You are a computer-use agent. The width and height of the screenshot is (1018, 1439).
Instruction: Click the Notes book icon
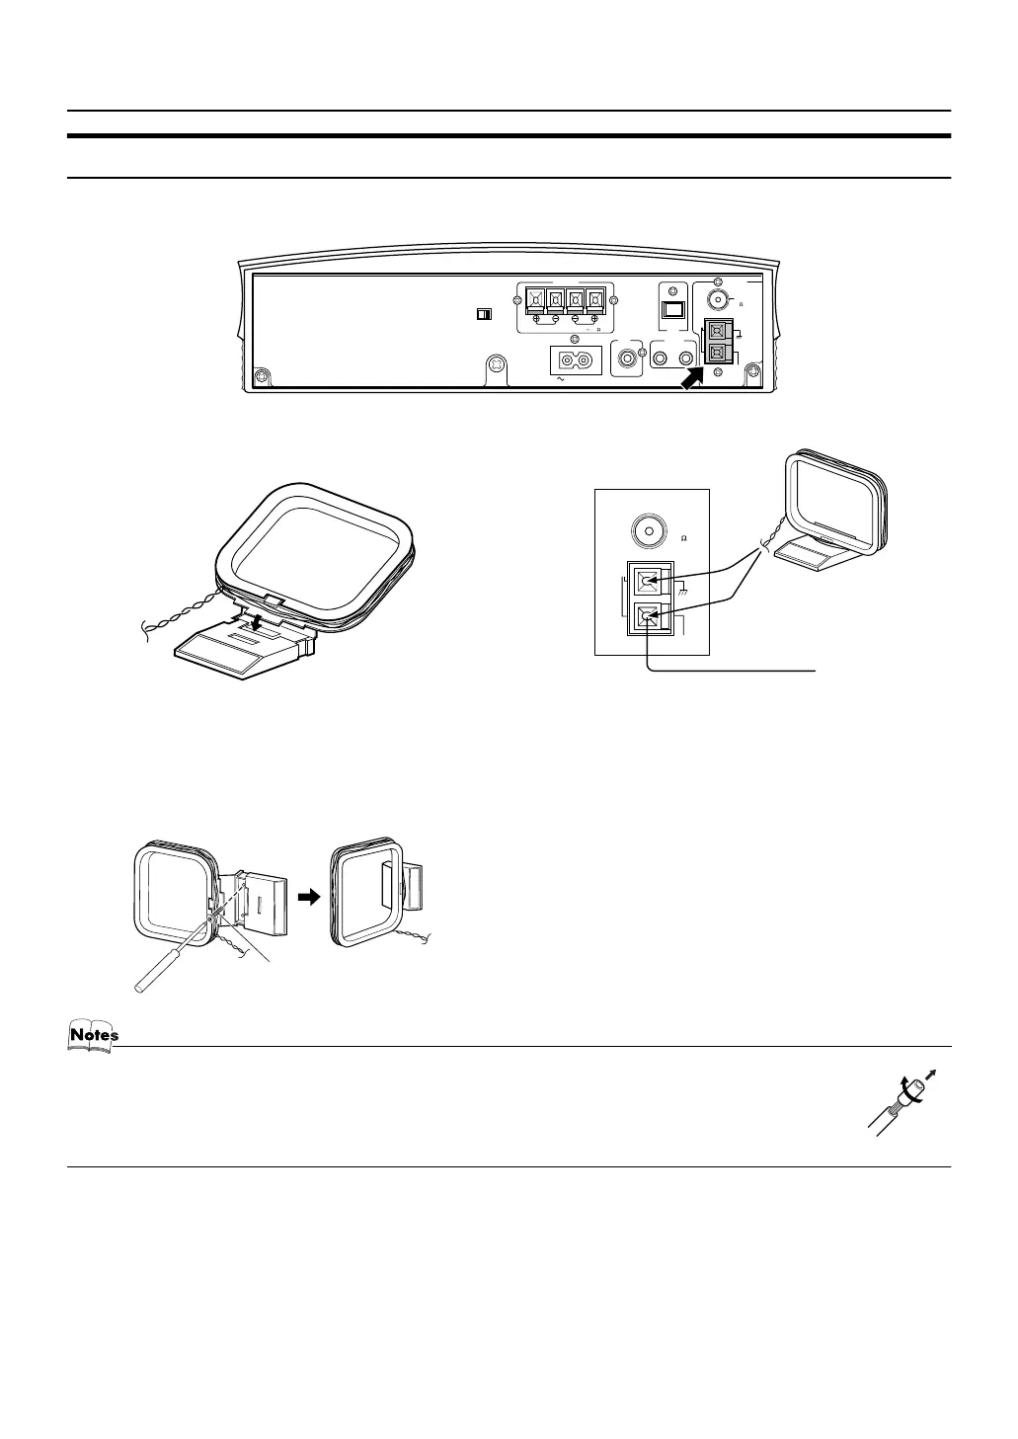[93, 1035]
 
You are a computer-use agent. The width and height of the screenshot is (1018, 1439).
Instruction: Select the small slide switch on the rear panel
[484, 314]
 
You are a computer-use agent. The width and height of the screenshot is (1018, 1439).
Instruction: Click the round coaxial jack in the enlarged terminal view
[649, 529]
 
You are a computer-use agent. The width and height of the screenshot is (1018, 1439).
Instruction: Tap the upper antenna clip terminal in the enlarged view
[648, 580]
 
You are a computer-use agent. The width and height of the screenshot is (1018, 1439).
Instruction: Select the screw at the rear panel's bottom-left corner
[261, 376]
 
